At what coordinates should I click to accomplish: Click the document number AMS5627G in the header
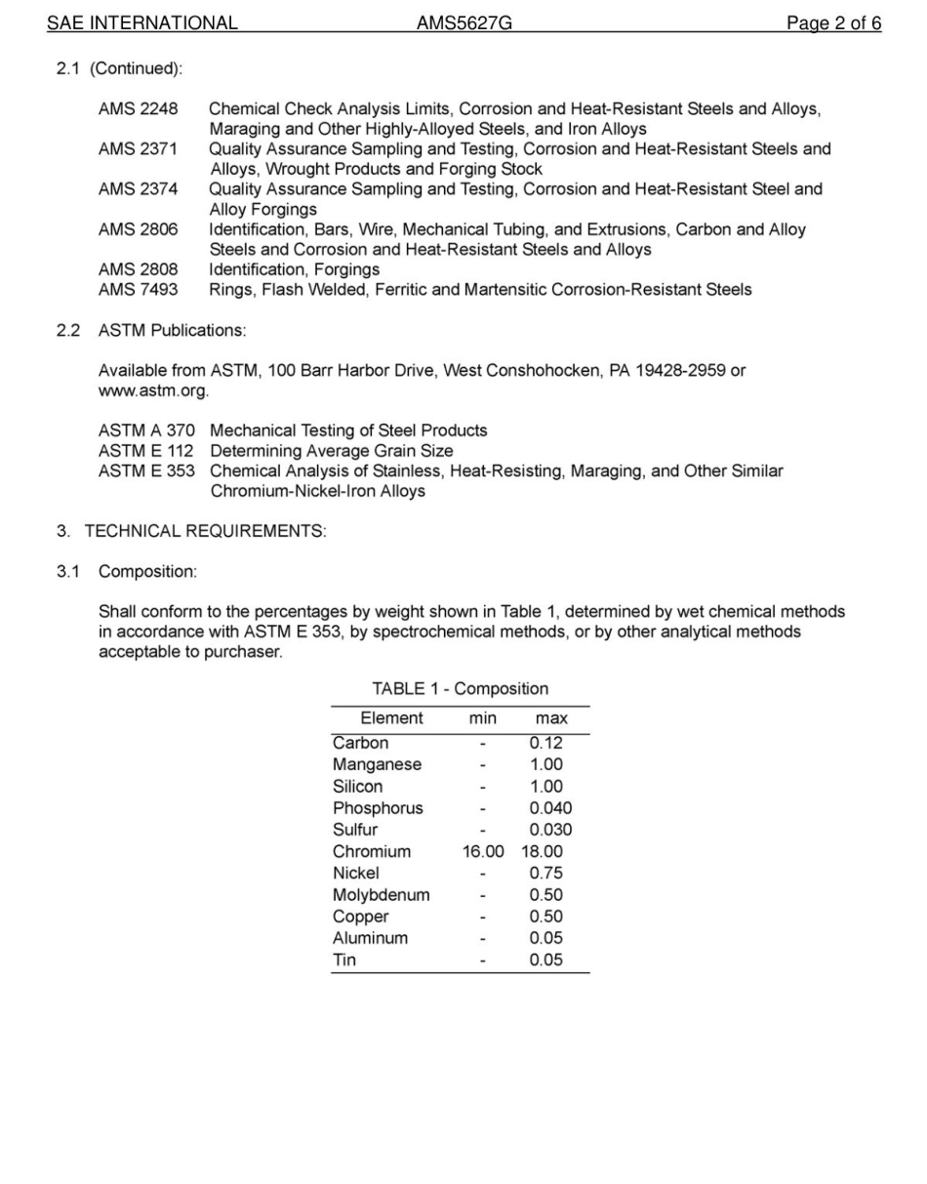click(x=463, y=23)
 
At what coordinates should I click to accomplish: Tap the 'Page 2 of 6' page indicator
click(x=833, y=23)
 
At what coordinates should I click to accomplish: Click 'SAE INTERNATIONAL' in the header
click(x=142, y=23)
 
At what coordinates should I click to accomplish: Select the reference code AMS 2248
click(x=138, y=109)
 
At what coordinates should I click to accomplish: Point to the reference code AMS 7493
click(x=138, y=290)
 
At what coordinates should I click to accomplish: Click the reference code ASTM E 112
click(x=146, y=451)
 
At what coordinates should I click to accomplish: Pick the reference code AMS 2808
click(x=138, y=269)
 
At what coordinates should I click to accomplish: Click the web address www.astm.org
click(x=152, y=390)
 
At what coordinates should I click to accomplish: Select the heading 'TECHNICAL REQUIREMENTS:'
click(x=205, y=531)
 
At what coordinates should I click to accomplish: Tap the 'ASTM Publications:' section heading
click(x=172, y=330)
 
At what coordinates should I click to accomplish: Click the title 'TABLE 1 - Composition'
click(x=460, y=689)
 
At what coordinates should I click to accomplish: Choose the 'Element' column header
click(x=391, y=718)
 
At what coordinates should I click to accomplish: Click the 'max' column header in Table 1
click(x=551, y=718)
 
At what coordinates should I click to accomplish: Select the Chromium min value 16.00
click(x=483, y=852)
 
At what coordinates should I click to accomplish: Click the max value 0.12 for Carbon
click(x=546, y=743)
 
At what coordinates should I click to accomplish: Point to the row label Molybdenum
click(x=381, y=895)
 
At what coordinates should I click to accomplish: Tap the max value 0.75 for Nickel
click(x=546, y=874)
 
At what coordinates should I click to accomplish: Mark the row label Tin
click(x=344, y=960)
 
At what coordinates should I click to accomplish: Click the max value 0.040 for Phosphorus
click(x=550, y=808)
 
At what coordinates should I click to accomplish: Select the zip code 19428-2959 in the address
click(x=680, y=371)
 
